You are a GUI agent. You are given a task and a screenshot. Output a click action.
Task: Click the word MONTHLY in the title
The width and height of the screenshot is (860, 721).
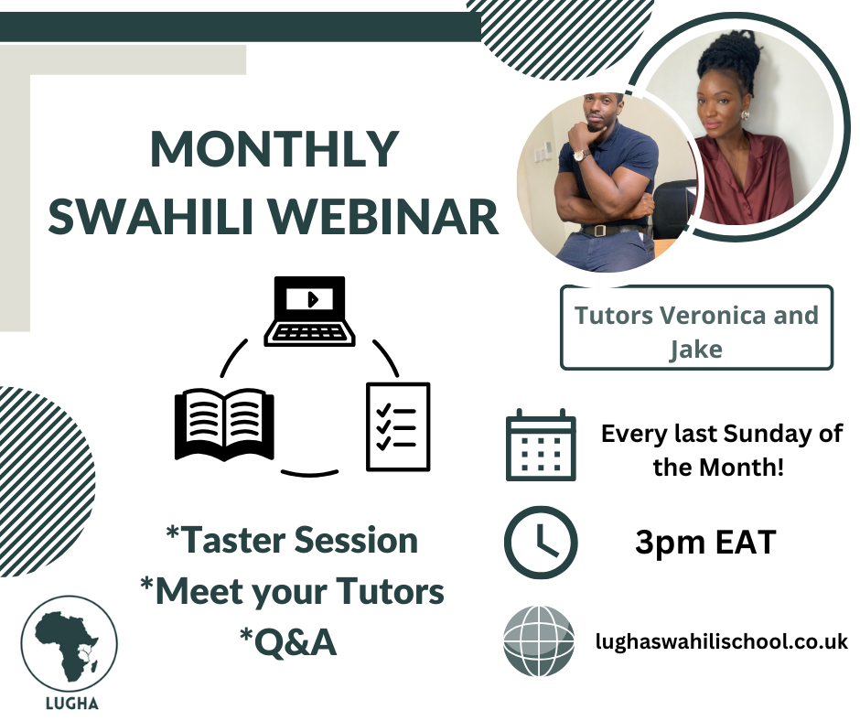(274, 149)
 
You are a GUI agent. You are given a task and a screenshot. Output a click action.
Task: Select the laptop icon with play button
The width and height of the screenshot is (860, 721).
(309, 311)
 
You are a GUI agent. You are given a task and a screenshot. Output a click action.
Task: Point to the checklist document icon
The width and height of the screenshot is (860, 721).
(398, 426)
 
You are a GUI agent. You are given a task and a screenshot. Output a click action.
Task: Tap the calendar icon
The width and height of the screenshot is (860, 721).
(541, 445)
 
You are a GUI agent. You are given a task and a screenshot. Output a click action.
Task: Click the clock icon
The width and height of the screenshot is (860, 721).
(541, 542)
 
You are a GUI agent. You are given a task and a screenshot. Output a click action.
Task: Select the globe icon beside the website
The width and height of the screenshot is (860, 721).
(539, 640)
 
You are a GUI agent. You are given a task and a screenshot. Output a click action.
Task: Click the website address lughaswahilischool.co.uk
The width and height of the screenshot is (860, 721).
(721, 640)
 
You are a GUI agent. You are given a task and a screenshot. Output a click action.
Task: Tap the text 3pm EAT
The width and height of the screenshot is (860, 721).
(705, 542)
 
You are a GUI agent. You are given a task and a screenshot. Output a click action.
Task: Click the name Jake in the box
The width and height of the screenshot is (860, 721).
(696, 349)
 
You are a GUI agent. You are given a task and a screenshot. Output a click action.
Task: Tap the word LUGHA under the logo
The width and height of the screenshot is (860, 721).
(72, 703)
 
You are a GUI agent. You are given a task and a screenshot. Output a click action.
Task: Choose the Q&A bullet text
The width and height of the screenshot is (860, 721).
(288, 642)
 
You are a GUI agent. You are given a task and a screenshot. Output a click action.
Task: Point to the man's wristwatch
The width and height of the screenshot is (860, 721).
(578, 156)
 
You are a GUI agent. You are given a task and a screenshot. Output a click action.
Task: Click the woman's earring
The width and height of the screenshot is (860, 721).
(746, 115)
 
